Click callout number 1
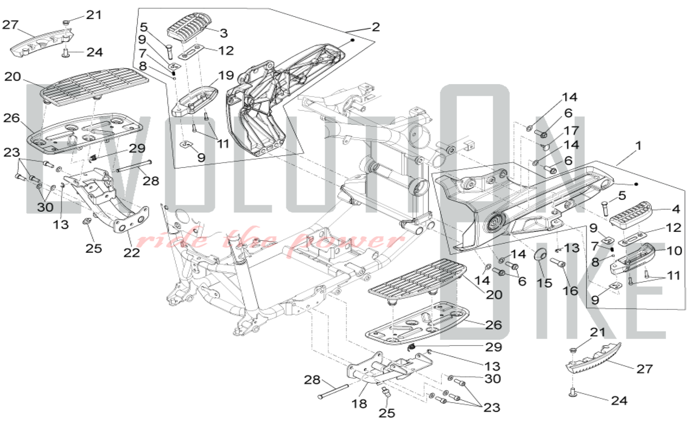pyautogui.click(x=638, y=146)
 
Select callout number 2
pyautogui.click(x=376, y=27)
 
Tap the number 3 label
pyautogui.click(x=224, y=33)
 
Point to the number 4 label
pyautogui.click(x=676, y=209)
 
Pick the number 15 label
pyautogui.click(x=544, y=283)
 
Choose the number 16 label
pyautogui.click(x=570, y=291)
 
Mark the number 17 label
pyautogui.click(x=571, y=130)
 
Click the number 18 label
pyautogui.click(x=359, y=403)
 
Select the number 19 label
pyautogui.click(x=226, y=75)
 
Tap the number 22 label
pyautogui.click(x=132, y=253)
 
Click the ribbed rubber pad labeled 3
pyautogui.click(x=189, y=27)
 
